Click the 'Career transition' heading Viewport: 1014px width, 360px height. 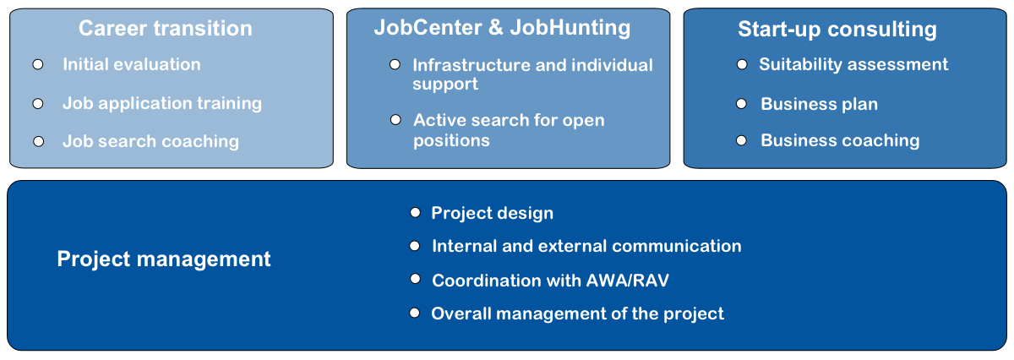point(166,28)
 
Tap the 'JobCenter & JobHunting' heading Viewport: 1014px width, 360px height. point(502,28)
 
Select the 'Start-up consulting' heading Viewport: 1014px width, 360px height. point(837,30)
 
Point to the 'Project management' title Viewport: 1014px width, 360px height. point(163,259)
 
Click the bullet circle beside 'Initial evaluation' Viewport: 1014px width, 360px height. point(38,65)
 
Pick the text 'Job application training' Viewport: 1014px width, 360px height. point(162,104)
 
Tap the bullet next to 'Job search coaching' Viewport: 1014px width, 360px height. point(39,142)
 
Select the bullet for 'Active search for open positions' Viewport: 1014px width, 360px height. point(395,120)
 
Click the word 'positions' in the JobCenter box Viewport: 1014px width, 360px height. point(451,140)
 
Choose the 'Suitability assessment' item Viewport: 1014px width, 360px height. point(853,64)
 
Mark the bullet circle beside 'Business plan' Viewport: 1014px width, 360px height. point(742,104)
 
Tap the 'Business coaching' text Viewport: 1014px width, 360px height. point(840,140)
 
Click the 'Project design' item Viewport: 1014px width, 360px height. point(492,213)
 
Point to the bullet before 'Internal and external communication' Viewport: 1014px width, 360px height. point(415,246)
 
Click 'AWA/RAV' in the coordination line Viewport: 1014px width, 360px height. point(627,281)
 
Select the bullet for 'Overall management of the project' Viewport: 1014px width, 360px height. point(415,313)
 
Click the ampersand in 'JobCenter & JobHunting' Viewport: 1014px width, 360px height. point(496,27)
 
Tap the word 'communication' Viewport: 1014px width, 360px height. point(677,246)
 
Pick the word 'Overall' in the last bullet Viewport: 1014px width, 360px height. point(461,314)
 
